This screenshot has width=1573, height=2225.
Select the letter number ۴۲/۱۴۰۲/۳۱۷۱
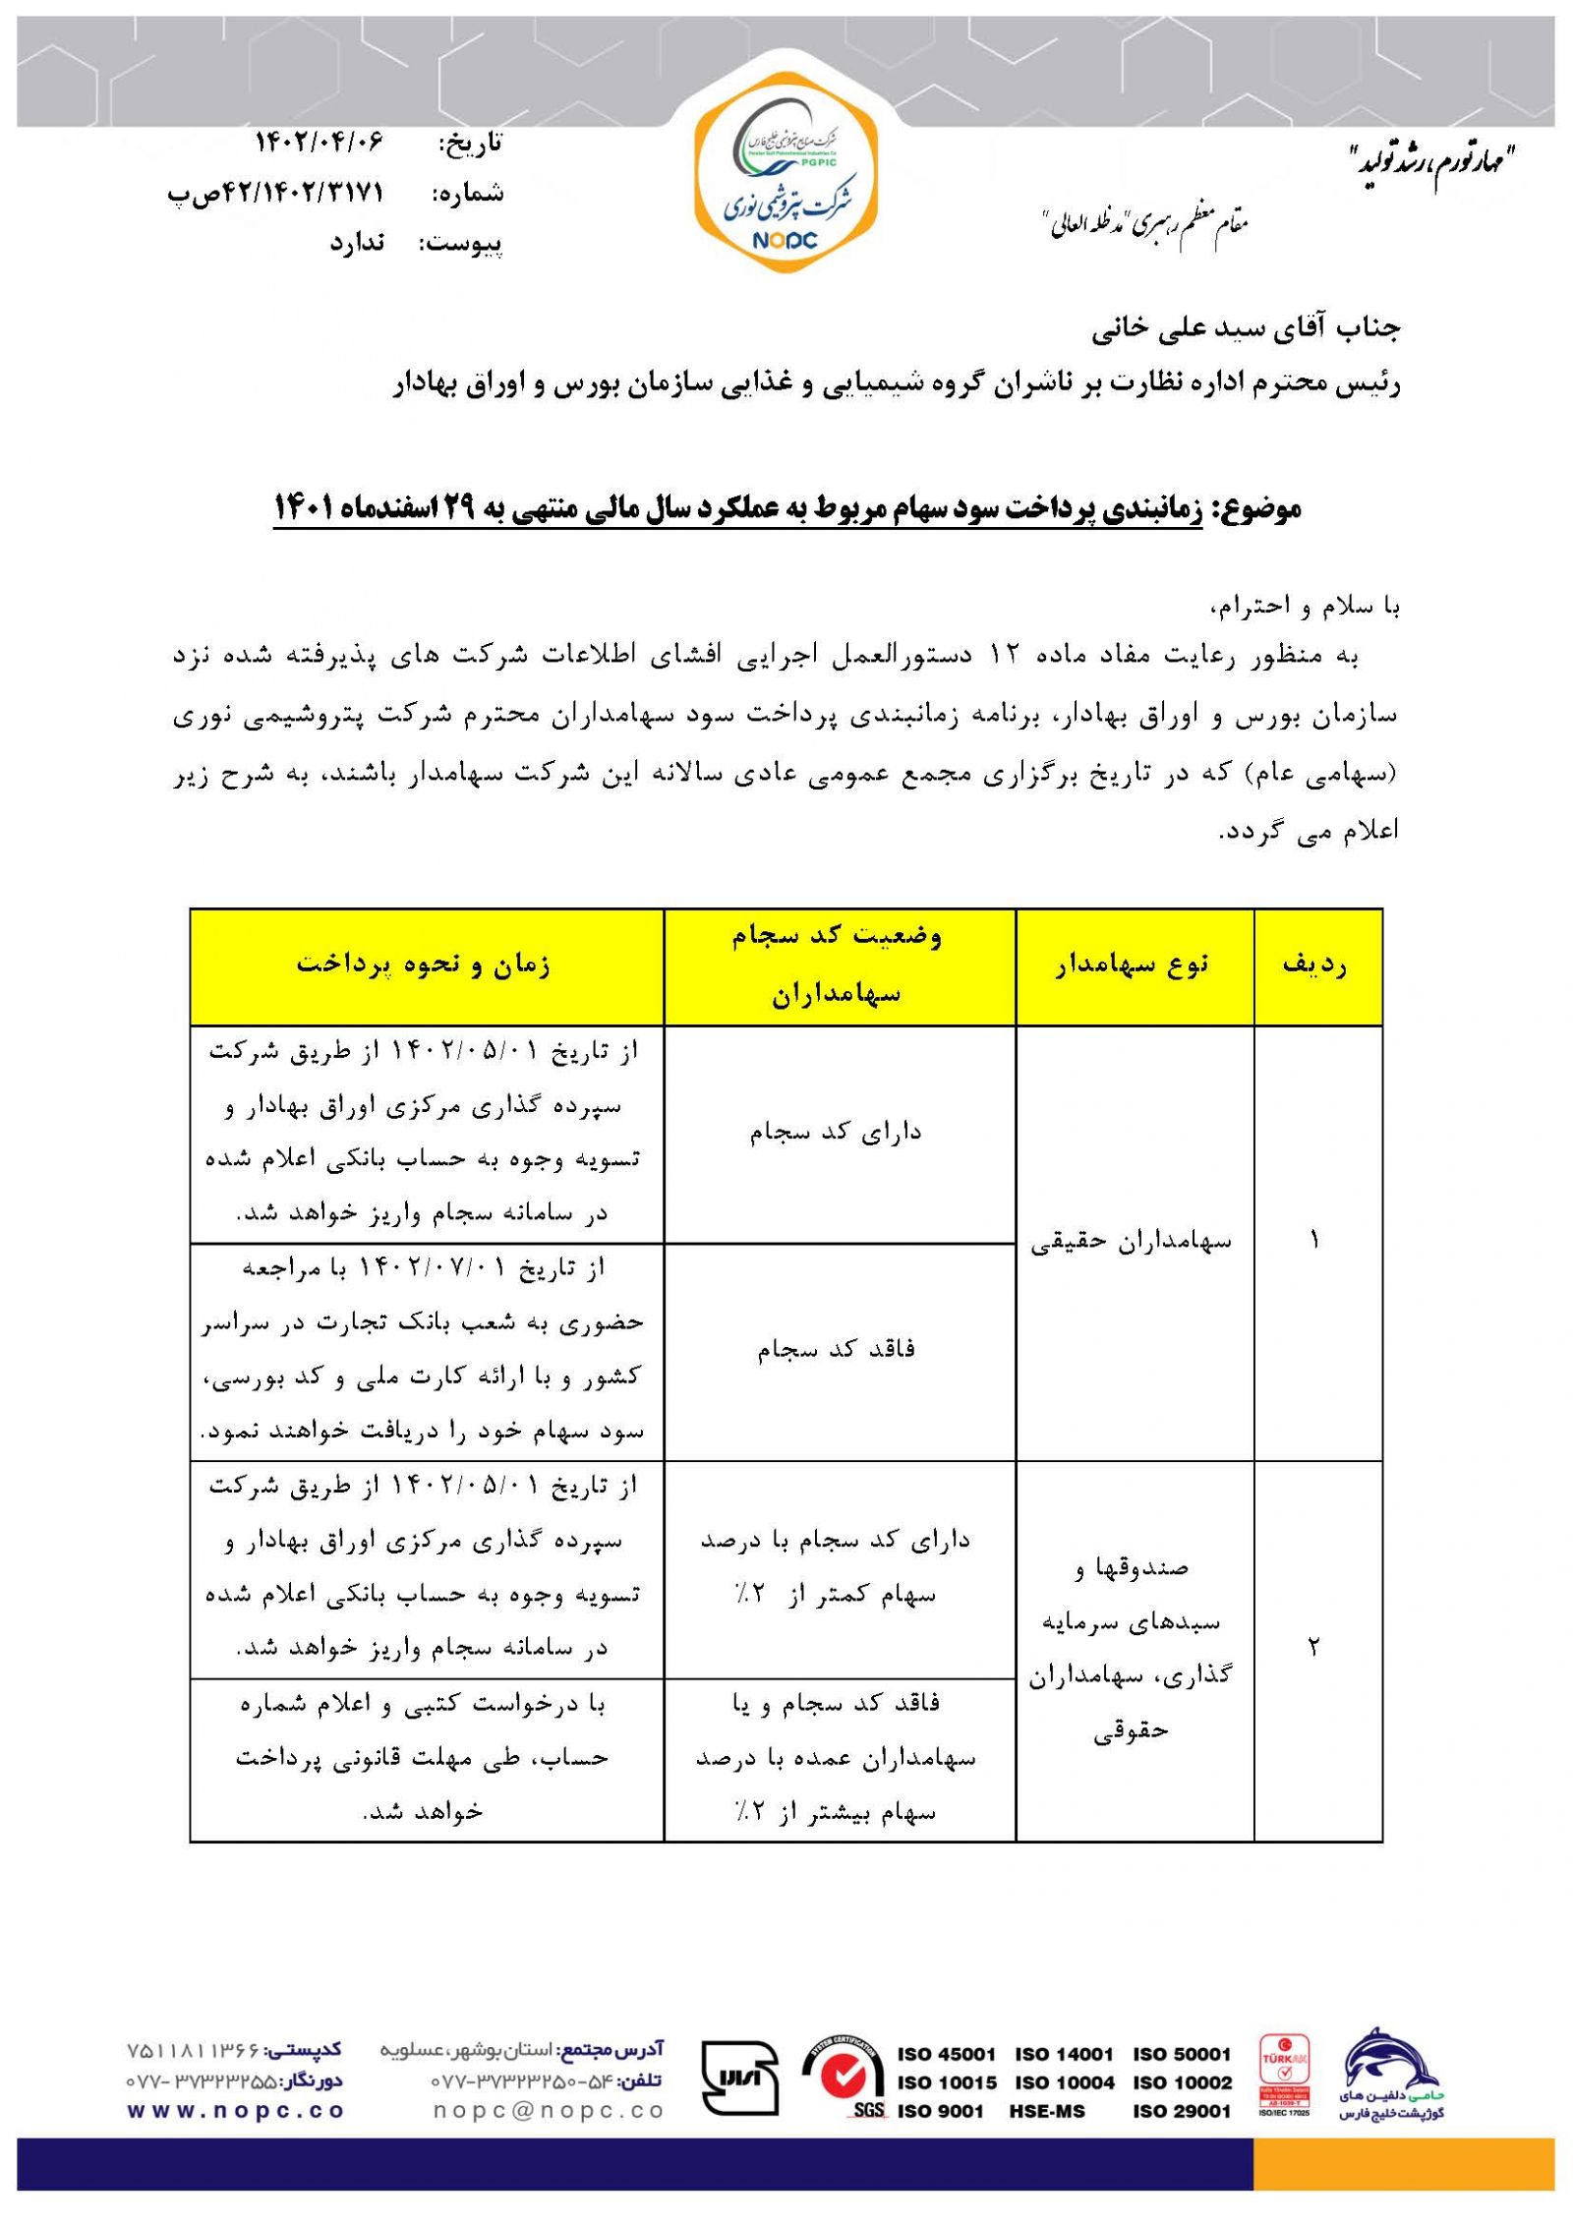coord(301,193)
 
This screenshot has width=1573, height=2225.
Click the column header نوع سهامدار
coord(1134,965)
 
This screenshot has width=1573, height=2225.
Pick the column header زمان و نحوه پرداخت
coord(424,965)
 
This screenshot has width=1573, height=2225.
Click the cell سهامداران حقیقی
coord(1132,1242)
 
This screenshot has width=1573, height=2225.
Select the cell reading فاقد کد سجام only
coord(837,1349)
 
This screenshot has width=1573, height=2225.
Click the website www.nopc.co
coord(235,2110)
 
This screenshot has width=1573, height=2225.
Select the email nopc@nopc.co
coord(549,2110)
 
